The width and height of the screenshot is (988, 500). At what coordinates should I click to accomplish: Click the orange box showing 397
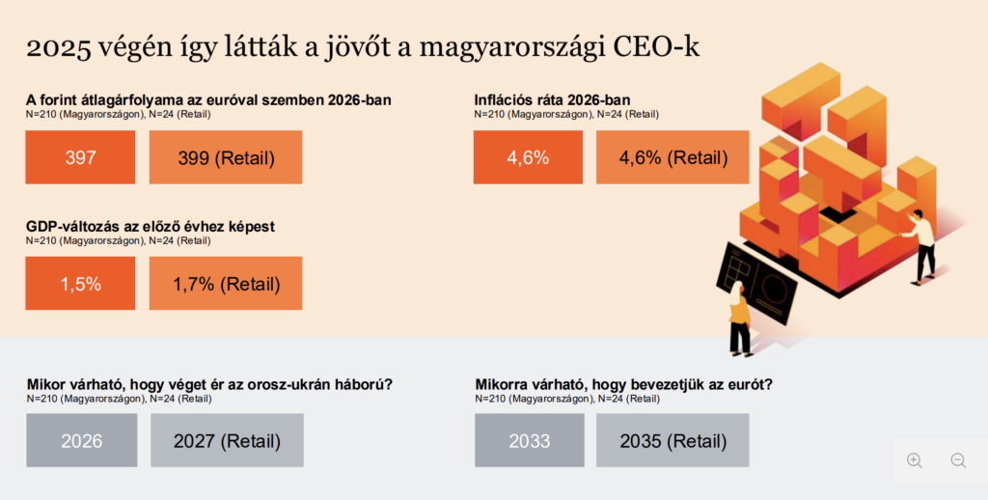coord(80,157)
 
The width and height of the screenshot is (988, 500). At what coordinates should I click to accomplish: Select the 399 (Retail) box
coord(226,157)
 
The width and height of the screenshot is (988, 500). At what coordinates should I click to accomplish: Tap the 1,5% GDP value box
coord(80,284)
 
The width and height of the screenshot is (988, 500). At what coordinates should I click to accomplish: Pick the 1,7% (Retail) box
coord(226,284)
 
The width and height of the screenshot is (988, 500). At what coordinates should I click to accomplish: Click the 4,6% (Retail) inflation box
coord(672,157)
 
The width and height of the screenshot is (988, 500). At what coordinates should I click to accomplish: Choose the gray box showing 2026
coord(81,441)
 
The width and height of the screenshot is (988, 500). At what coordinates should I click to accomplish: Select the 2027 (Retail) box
coord(227,441)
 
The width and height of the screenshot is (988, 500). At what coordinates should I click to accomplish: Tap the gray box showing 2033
coord(529,441)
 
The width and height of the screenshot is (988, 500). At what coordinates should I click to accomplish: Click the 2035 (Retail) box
coord(672,441)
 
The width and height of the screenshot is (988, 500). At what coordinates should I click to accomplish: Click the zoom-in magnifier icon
coord(915,460)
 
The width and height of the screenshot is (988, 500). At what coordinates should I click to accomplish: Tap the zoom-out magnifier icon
coord(958,460)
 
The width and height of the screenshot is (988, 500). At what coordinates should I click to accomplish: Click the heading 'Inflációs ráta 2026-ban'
coord(552,99)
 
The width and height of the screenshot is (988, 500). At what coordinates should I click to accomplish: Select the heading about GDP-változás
coord(151,226)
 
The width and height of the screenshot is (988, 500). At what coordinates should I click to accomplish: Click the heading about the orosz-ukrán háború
coord(209,384)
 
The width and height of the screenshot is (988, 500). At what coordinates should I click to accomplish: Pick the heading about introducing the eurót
coord(623,384)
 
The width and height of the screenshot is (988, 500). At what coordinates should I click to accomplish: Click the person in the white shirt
coord(921,241)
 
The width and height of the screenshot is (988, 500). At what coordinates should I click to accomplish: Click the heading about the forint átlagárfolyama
coord(208,99)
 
